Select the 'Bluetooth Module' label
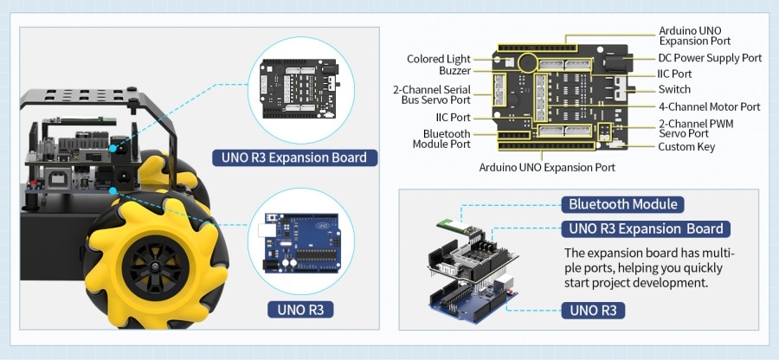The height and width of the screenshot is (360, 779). pos(622,204)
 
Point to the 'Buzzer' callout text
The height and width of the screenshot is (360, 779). pos(454,70)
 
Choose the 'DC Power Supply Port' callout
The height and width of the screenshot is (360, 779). pos(710,58)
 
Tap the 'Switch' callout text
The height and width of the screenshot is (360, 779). pos(674,89)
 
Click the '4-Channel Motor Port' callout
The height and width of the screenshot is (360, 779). pos(709,106)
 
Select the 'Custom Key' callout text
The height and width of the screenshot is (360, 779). pos(686,146)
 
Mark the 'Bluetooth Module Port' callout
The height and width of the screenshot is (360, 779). pos(447,139)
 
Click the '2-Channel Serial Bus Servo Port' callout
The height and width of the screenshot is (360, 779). pos(431,94)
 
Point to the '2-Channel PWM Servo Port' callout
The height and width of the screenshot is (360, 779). pos(696,129)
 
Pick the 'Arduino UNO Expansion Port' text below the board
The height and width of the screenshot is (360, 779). pos(547,167)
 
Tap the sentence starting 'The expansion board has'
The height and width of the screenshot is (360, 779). pos(649,267)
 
